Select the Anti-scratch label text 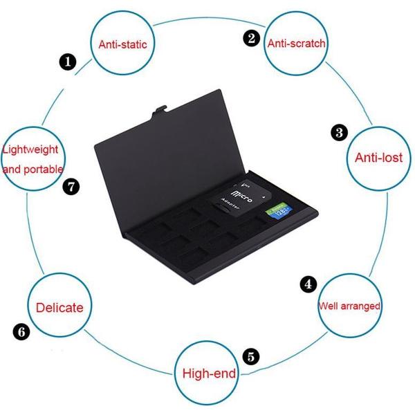click(x=296, y=43)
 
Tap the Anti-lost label click(x=378, y=157)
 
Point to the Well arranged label click(x=349, y=305)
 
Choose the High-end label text click(x=209, y=374)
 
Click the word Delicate click(x=59, y=307)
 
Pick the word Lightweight click(x=31, y=149)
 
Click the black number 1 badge click(x=67, y=62)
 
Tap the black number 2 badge click(x=252, y=39)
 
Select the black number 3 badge click(x=339, y=132)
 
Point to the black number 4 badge click(x=308, y=284)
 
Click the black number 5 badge click(x=252, y=357)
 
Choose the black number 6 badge click(x=21, y=332)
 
